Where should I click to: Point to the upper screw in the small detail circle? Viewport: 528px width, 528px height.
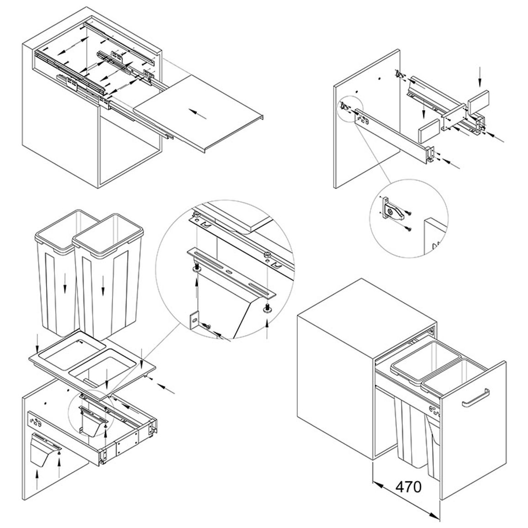(409, 212)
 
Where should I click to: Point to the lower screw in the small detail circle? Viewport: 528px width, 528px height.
(408, 229)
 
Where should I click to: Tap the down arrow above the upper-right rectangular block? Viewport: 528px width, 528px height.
(480, 76)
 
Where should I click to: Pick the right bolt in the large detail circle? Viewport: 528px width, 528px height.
(267, 308)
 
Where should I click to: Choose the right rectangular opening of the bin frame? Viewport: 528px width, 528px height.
(103, 368)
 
